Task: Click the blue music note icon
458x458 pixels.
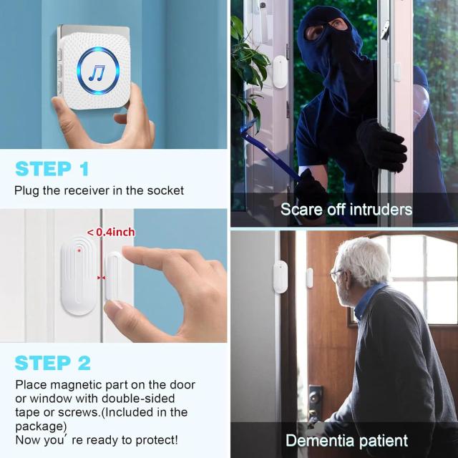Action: pos(97,73)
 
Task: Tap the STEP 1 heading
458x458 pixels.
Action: pos(52,169)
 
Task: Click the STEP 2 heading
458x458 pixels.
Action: pos(52,363)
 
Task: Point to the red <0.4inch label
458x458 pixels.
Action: pos(111,233)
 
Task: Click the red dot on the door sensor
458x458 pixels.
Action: pos(79,250)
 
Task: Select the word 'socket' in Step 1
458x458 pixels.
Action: pos(165,190)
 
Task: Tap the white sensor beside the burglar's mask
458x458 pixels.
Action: pos(280,72)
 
